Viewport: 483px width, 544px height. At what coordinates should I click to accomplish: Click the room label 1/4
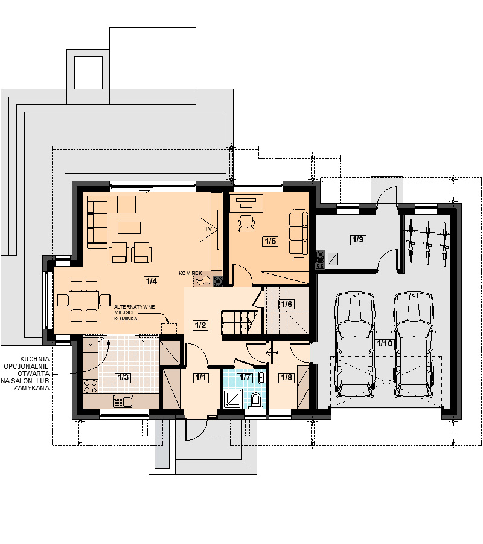[152, 281]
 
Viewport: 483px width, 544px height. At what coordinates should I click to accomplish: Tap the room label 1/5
[270, 241]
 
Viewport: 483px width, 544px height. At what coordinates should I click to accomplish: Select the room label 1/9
[358, 239]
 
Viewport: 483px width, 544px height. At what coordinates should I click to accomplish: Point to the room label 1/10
[385, 343]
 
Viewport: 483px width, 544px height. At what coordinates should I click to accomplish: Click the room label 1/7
[245, 377]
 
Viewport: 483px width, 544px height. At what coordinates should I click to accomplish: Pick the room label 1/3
[123, 377]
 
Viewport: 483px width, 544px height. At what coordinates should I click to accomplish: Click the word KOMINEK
[190, 273]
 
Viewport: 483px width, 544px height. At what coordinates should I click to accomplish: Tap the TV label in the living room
[208, 229]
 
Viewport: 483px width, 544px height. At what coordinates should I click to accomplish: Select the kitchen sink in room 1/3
[123, 401]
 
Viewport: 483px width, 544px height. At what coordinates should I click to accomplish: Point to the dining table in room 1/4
[84, 300]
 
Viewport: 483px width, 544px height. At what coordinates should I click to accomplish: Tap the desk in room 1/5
[246, 203]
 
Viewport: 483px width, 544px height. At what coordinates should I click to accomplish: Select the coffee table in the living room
[129, 228]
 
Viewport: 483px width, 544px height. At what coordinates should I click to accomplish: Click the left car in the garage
[355, 345]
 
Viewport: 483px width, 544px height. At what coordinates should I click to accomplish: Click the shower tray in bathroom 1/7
[233, 399]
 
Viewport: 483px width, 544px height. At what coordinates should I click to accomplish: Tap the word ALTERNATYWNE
[135, 307]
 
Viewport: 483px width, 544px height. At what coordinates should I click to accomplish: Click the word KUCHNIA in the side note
[34, 359]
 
